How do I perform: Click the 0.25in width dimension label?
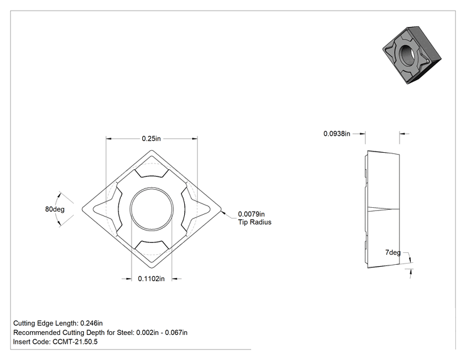151,139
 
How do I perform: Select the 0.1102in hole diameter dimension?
151,279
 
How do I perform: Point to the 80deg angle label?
54,209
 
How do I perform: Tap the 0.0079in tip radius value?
251,214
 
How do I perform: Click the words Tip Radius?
255,222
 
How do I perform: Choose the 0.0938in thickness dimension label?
337,133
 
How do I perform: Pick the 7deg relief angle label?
393,252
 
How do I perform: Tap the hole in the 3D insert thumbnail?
406,54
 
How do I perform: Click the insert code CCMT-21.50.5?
75,342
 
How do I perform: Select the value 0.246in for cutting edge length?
91,323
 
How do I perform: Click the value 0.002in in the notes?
147,332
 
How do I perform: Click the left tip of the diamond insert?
82,209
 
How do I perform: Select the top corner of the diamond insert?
152,151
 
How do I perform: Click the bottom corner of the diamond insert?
152,268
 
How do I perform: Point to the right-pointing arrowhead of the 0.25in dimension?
195,139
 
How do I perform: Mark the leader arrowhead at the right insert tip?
223,212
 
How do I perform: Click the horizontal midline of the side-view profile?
384,209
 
